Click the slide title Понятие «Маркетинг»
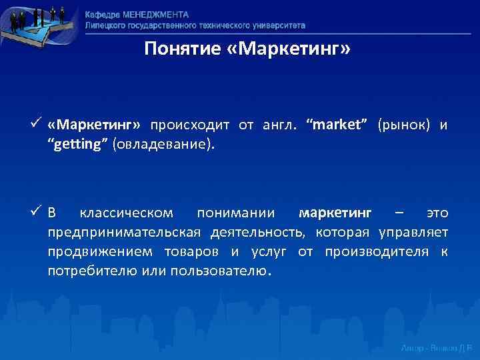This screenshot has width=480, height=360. pos(247,49)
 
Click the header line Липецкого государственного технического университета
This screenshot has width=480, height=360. pos(195,25)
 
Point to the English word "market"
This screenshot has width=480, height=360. pos(337,125)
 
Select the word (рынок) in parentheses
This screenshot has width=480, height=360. pos(403,125)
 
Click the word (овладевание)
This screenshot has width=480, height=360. pos(164,145)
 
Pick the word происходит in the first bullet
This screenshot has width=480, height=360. pos(190,125)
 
